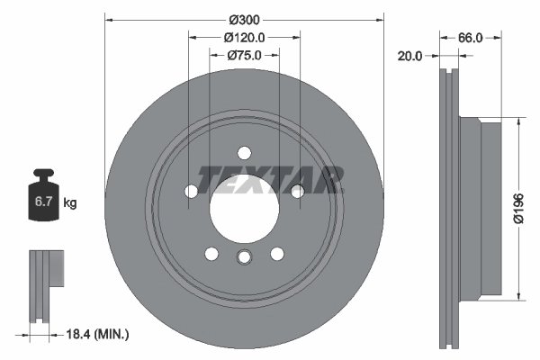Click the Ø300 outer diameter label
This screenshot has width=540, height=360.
tap(244, 19)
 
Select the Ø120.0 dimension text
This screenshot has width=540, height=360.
tap(244, 38)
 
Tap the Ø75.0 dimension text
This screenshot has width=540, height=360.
tap(244, 56)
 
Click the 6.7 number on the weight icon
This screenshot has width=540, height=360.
tap(43, 202)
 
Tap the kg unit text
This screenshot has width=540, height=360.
tap(69, 202)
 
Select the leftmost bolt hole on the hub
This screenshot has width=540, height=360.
tap(191, 191)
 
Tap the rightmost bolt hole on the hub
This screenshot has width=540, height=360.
tap(297, 190)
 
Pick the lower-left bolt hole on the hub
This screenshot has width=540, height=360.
tap(211, 253)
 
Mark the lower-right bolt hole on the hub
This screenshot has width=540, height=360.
tap(277, 253)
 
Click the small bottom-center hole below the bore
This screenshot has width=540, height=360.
tap(244, 259)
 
